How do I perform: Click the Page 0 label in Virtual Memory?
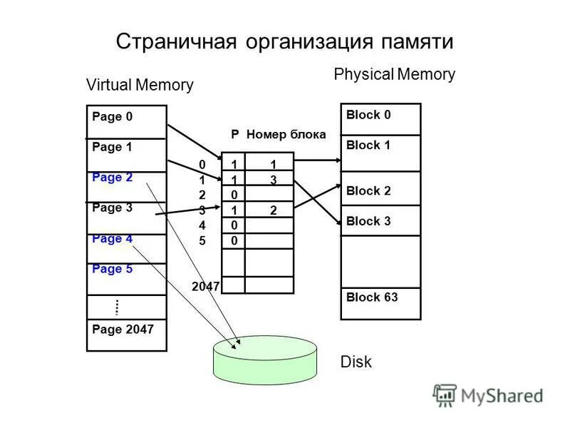pyautogui.click(x=113, y=117)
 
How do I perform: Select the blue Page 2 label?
pyautogui.click(x=113, y=178)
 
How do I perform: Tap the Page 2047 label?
pyautogui.click(x=123, y=330)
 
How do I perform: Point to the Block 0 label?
pyautogui.click(x=368, y=115)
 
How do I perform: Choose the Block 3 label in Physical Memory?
pyautogui.click(x=368, y=221)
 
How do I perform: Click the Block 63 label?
pyautogui.click(x=372, y=297)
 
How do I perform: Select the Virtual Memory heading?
pyautogui.click(x=140, y=85)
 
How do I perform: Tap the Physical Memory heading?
pyautogui.click(x=394, y=74)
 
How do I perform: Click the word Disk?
pyautogui.click(x=356, y=362)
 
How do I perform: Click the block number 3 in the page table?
pyautogui.click(x=273, y=180)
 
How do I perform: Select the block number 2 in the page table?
pyautogui.click(x=273, y=210)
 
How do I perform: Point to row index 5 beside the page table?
pyautogui.click(x=202, y=240)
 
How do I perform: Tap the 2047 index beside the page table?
pyautogui.click(x=206, y=286)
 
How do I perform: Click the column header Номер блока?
pyautogui.click(x=286, y=134)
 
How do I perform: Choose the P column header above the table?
pyautogui.click(x=234, y=134)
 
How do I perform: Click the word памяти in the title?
pyautogui.click(x=413, y=41)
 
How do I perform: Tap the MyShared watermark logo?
pyautogui.click(x=488, y=394)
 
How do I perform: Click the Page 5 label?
pyautogui.click(x=113, y=269)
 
